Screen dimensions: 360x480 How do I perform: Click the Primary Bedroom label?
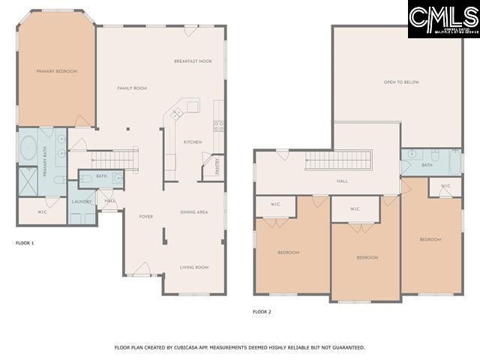click(57, 71)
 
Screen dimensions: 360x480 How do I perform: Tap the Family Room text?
click(132, 88)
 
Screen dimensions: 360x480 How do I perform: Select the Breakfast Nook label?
click(193, 61)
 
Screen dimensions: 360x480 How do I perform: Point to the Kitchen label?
click(193, 142)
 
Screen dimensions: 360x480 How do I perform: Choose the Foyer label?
click(146, 217)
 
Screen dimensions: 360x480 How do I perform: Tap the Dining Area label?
click(193, 212)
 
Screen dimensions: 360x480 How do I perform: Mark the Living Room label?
click(193, 267)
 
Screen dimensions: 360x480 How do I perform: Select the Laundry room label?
click(81, 202)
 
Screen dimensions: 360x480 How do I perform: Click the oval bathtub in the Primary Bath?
click(29, 150)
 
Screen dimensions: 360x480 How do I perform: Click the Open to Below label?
click(401, 82)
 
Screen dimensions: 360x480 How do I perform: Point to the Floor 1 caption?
click(25, 244)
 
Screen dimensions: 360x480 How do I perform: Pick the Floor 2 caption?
click(262, 311)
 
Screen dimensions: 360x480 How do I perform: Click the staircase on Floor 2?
click(339, 160)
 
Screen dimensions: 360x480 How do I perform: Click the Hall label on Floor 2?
click(342, 181)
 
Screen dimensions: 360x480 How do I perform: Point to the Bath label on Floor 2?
click(427, 165)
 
